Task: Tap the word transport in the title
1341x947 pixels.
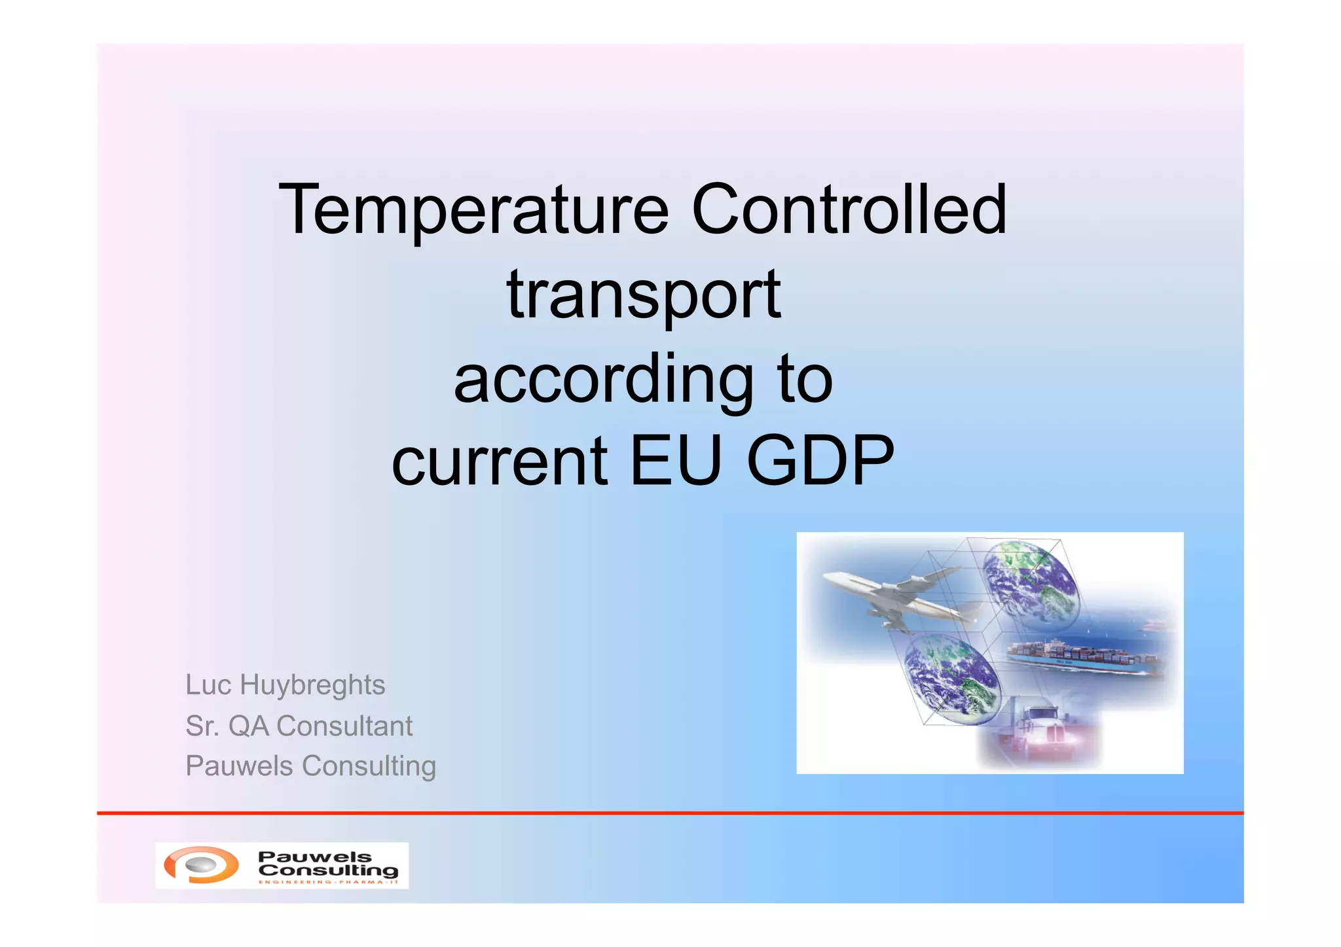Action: (644, 296)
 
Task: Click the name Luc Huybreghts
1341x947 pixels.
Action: (285, 685)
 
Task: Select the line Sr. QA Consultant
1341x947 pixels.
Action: (299, 726)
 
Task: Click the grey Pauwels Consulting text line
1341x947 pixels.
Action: (310, 766)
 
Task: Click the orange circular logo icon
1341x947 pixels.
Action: (201, 865)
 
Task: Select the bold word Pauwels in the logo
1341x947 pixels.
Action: (314, 857)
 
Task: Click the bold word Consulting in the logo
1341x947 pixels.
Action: (328, 870)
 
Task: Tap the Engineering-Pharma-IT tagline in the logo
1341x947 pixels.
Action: (328, 882)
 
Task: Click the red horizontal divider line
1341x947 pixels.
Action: (670, 813)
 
